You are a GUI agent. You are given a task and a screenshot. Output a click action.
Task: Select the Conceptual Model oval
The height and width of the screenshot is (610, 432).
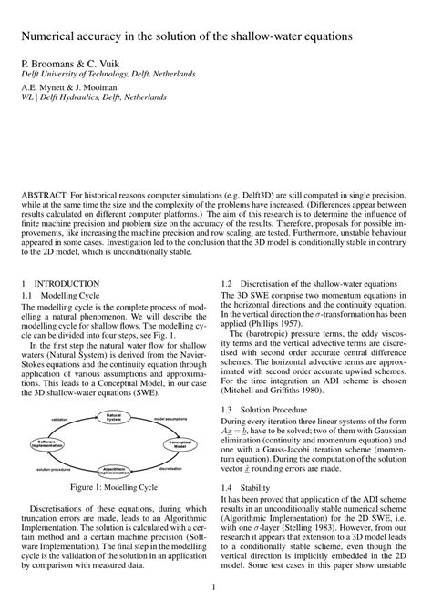coord(180,443)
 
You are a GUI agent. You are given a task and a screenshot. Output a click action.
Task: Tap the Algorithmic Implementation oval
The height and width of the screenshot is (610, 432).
coord(114,471)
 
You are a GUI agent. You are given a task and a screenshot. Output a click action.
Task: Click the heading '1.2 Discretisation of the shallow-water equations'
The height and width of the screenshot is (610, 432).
coord(315,283)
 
